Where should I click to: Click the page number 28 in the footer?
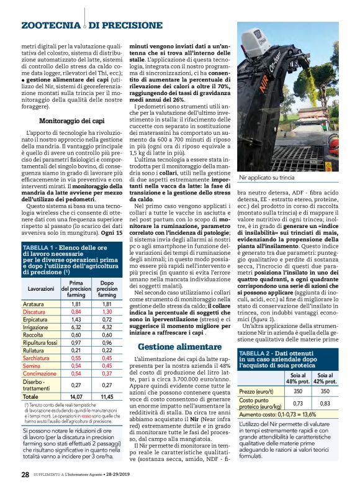point(25,475)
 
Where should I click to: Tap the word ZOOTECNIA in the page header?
point(50,25)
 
